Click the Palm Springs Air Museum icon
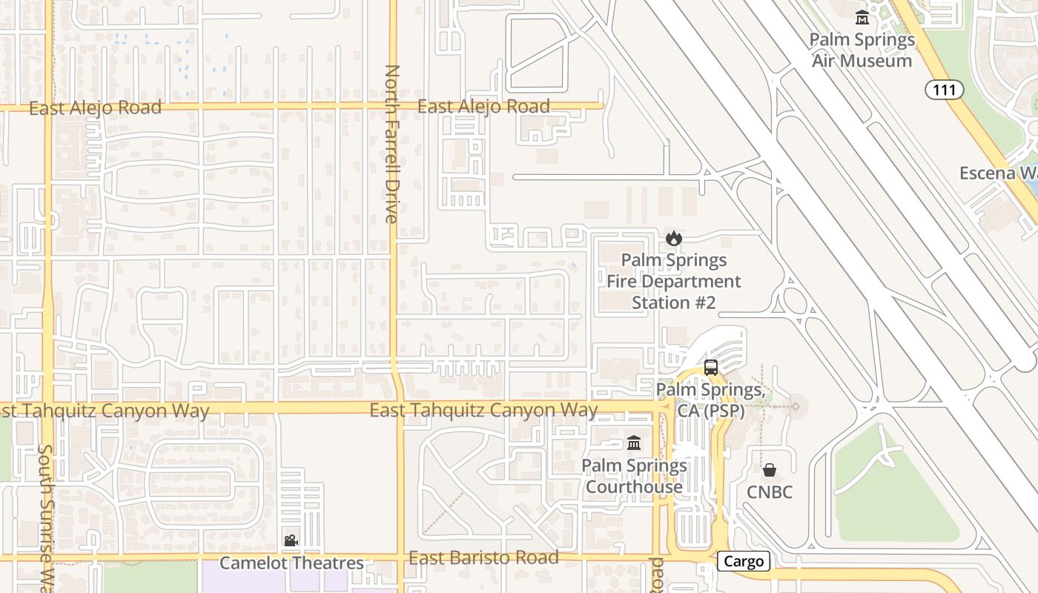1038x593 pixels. click(x=862, y=18)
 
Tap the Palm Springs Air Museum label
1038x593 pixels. click(x=862, y=50)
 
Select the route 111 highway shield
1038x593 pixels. click(x=944, y=90)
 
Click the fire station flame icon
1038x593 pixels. click(x=673, y=238)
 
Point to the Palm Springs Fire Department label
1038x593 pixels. click(x=673, y=282)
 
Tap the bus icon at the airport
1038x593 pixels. click(x=710, y=367)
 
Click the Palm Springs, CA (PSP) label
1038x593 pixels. click(x=710, y=400)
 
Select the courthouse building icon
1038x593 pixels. click(x=634, y=443)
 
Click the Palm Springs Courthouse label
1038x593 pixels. click(x=634, y=477)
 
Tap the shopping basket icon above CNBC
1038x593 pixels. click(x=770, y=470)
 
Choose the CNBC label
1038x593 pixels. click(x=770, y=492)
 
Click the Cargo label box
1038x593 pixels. click(x=744, y=561)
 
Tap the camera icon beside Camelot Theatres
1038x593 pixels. click(x=291, y=541)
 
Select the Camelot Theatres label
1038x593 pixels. click(x=291, y=563)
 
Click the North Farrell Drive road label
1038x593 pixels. click(x=392, y=145)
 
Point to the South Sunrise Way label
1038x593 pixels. click(x=46, y=519)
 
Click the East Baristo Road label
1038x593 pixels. click(x=483, y=558)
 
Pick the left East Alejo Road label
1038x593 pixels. click(x=95, y=108)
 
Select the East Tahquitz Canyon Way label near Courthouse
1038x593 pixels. click(x=483, y=410)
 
